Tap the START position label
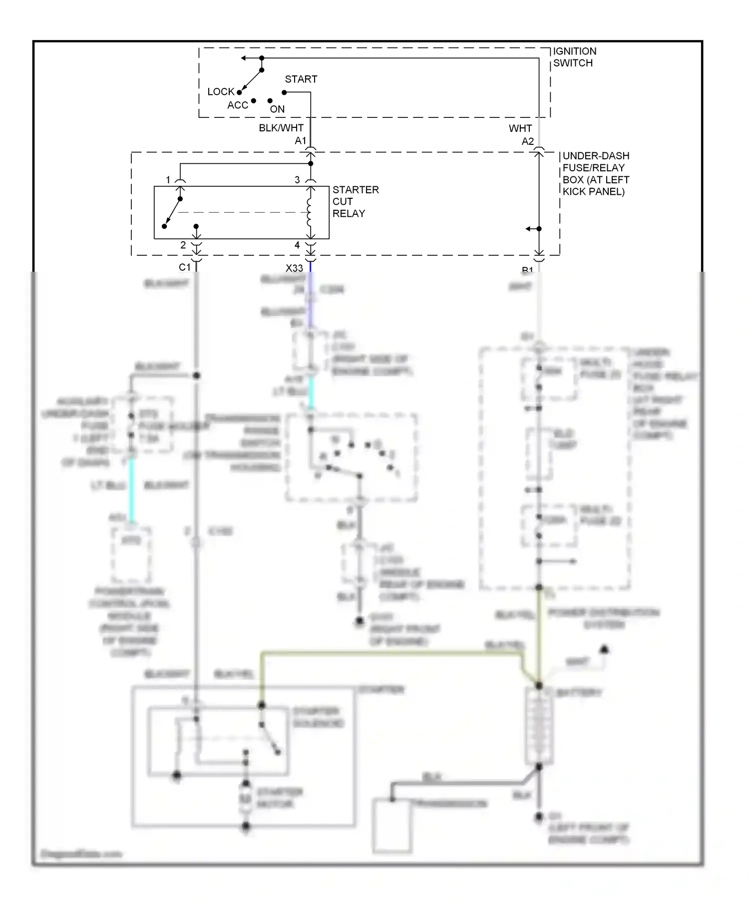pos(301,79)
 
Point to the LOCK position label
pos(221,92)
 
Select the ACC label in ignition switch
pos(237,105)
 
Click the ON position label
pos(277,109)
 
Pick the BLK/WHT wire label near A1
pos(281,128)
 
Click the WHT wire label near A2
pos(520,128)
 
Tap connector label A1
pos(300,141)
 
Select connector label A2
pos(527,141)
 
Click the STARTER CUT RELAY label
pos(355,201)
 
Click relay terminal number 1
pos(168,180)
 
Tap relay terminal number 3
pos(297,180)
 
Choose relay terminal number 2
pos(183,245)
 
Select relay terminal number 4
pos(297,245)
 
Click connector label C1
pos(184,267)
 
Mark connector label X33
pos(294,268)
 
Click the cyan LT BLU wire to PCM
pos(131,489)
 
